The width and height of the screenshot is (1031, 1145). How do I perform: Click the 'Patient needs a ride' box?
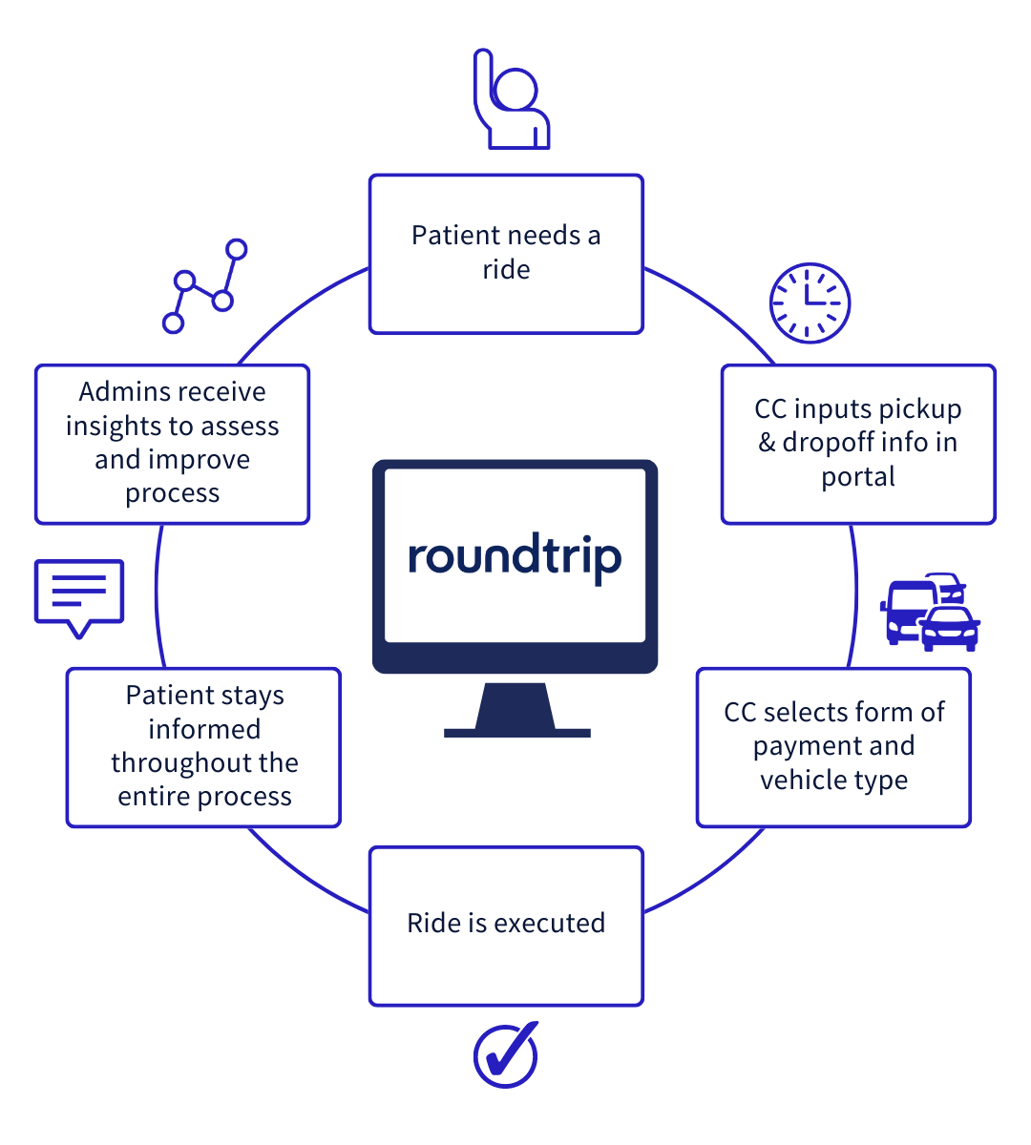pyautogui.click(x=506, y=254)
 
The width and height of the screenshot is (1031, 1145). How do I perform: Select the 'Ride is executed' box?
pyautogui.click(x=506, y=926)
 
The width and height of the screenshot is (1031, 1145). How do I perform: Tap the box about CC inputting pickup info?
pyautogui.click(x=857, y=444)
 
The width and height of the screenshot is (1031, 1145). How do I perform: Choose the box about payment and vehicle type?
pyautogui.click(x=833, y=747)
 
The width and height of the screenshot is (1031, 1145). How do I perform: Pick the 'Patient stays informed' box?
pyautogui.click(x=203, y=747)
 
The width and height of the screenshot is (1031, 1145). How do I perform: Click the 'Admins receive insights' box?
pyautogui.click(x=172, y=444)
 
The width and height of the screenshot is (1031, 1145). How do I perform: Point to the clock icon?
pyautogui.click(x=810, y=303)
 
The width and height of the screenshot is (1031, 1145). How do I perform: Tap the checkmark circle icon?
pyautogui.click(x=506, y=1054)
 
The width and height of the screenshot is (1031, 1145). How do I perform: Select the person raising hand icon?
pyautogui.click(x=511, y=101)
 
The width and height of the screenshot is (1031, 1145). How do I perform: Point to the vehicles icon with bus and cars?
pyautogui.click(x=930, y=613)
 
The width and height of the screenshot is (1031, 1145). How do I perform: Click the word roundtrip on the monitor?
pyautogui.click(x=515, y=557)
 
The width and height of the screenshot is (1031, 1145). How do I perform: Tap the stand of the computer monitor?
pyautogui.click(x=515, y=711)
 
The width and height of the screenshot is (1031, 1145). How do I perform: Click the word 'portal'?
pyautogui.click(x=858, y=477)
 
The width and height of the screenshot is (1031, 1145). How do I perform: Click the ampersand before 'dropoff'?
pyautogui.click(x=767, y=443)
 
